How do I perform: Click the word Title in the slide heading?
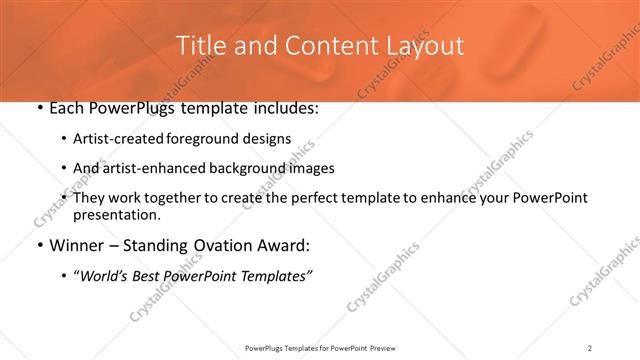point(200,45)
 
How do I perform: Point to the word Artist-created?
point(113,138)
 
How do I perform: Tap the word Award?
point(282,245)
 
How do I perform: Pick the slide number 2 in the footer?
point(590,348)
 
